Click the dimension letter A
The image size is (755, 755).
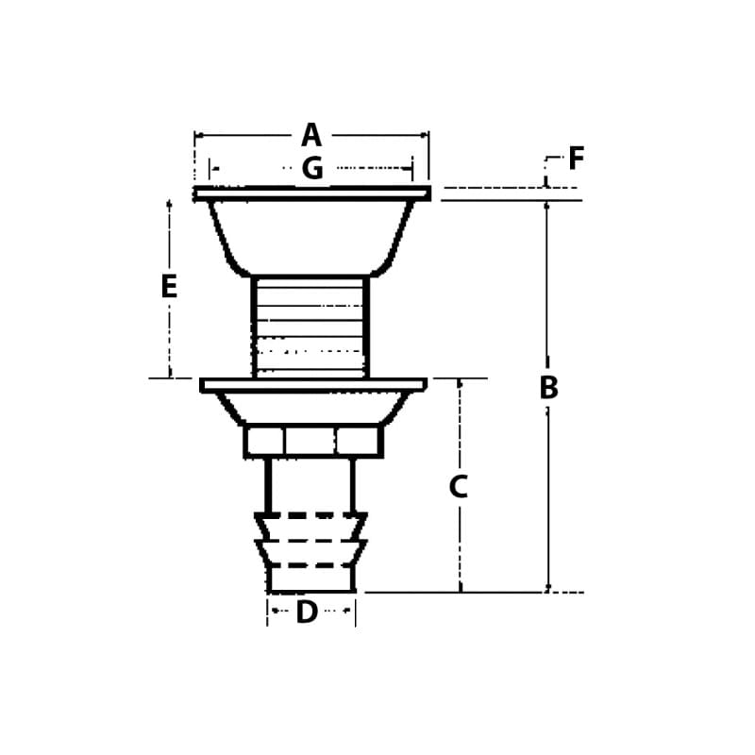coord(311,136)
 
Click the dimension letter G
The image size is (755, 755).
coord(312,169)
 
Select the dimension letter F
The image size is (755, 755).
coord(576,159)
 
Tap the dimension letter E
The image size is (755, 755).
coord(169,286)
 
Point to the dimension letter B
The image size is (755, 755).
coord(548,388)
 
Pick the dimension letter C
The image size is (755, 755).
coord(459,487)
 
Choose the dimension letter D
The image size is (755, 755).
coord(307,612)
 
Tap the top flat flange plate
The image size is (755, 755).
coord(311,193)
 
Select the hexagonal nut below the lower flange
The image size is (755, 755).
coord(312,441)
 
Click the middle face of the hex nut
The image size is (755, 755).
coord(310,441)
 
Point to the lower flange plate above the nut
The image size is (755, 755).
coord(312,384)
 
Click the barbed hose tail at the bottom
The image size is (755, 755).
coord(310,552)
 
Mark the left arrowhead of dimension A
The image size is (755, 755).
coord(198,136)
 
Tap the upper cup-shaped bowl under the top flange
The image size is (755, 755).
coord(310,236)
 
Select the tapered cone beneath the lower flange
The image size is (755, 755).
coord(312,408)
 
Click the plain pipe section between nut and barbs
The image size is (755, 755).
coord(310,485)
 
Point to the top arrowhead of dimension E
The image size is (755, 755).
coord(170,204)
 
